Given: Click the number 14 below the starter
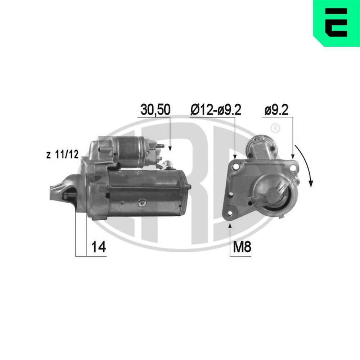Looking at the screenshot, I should (98, 247).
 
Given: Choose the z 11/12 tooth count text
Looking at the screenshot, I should (62, 155).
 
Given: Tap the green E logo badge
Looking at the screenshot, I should (337, 22).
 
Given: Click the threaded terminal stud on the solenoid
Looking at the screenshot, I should (161, 147).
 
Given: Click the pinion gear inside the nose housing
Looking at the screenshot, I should (67, 196).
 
